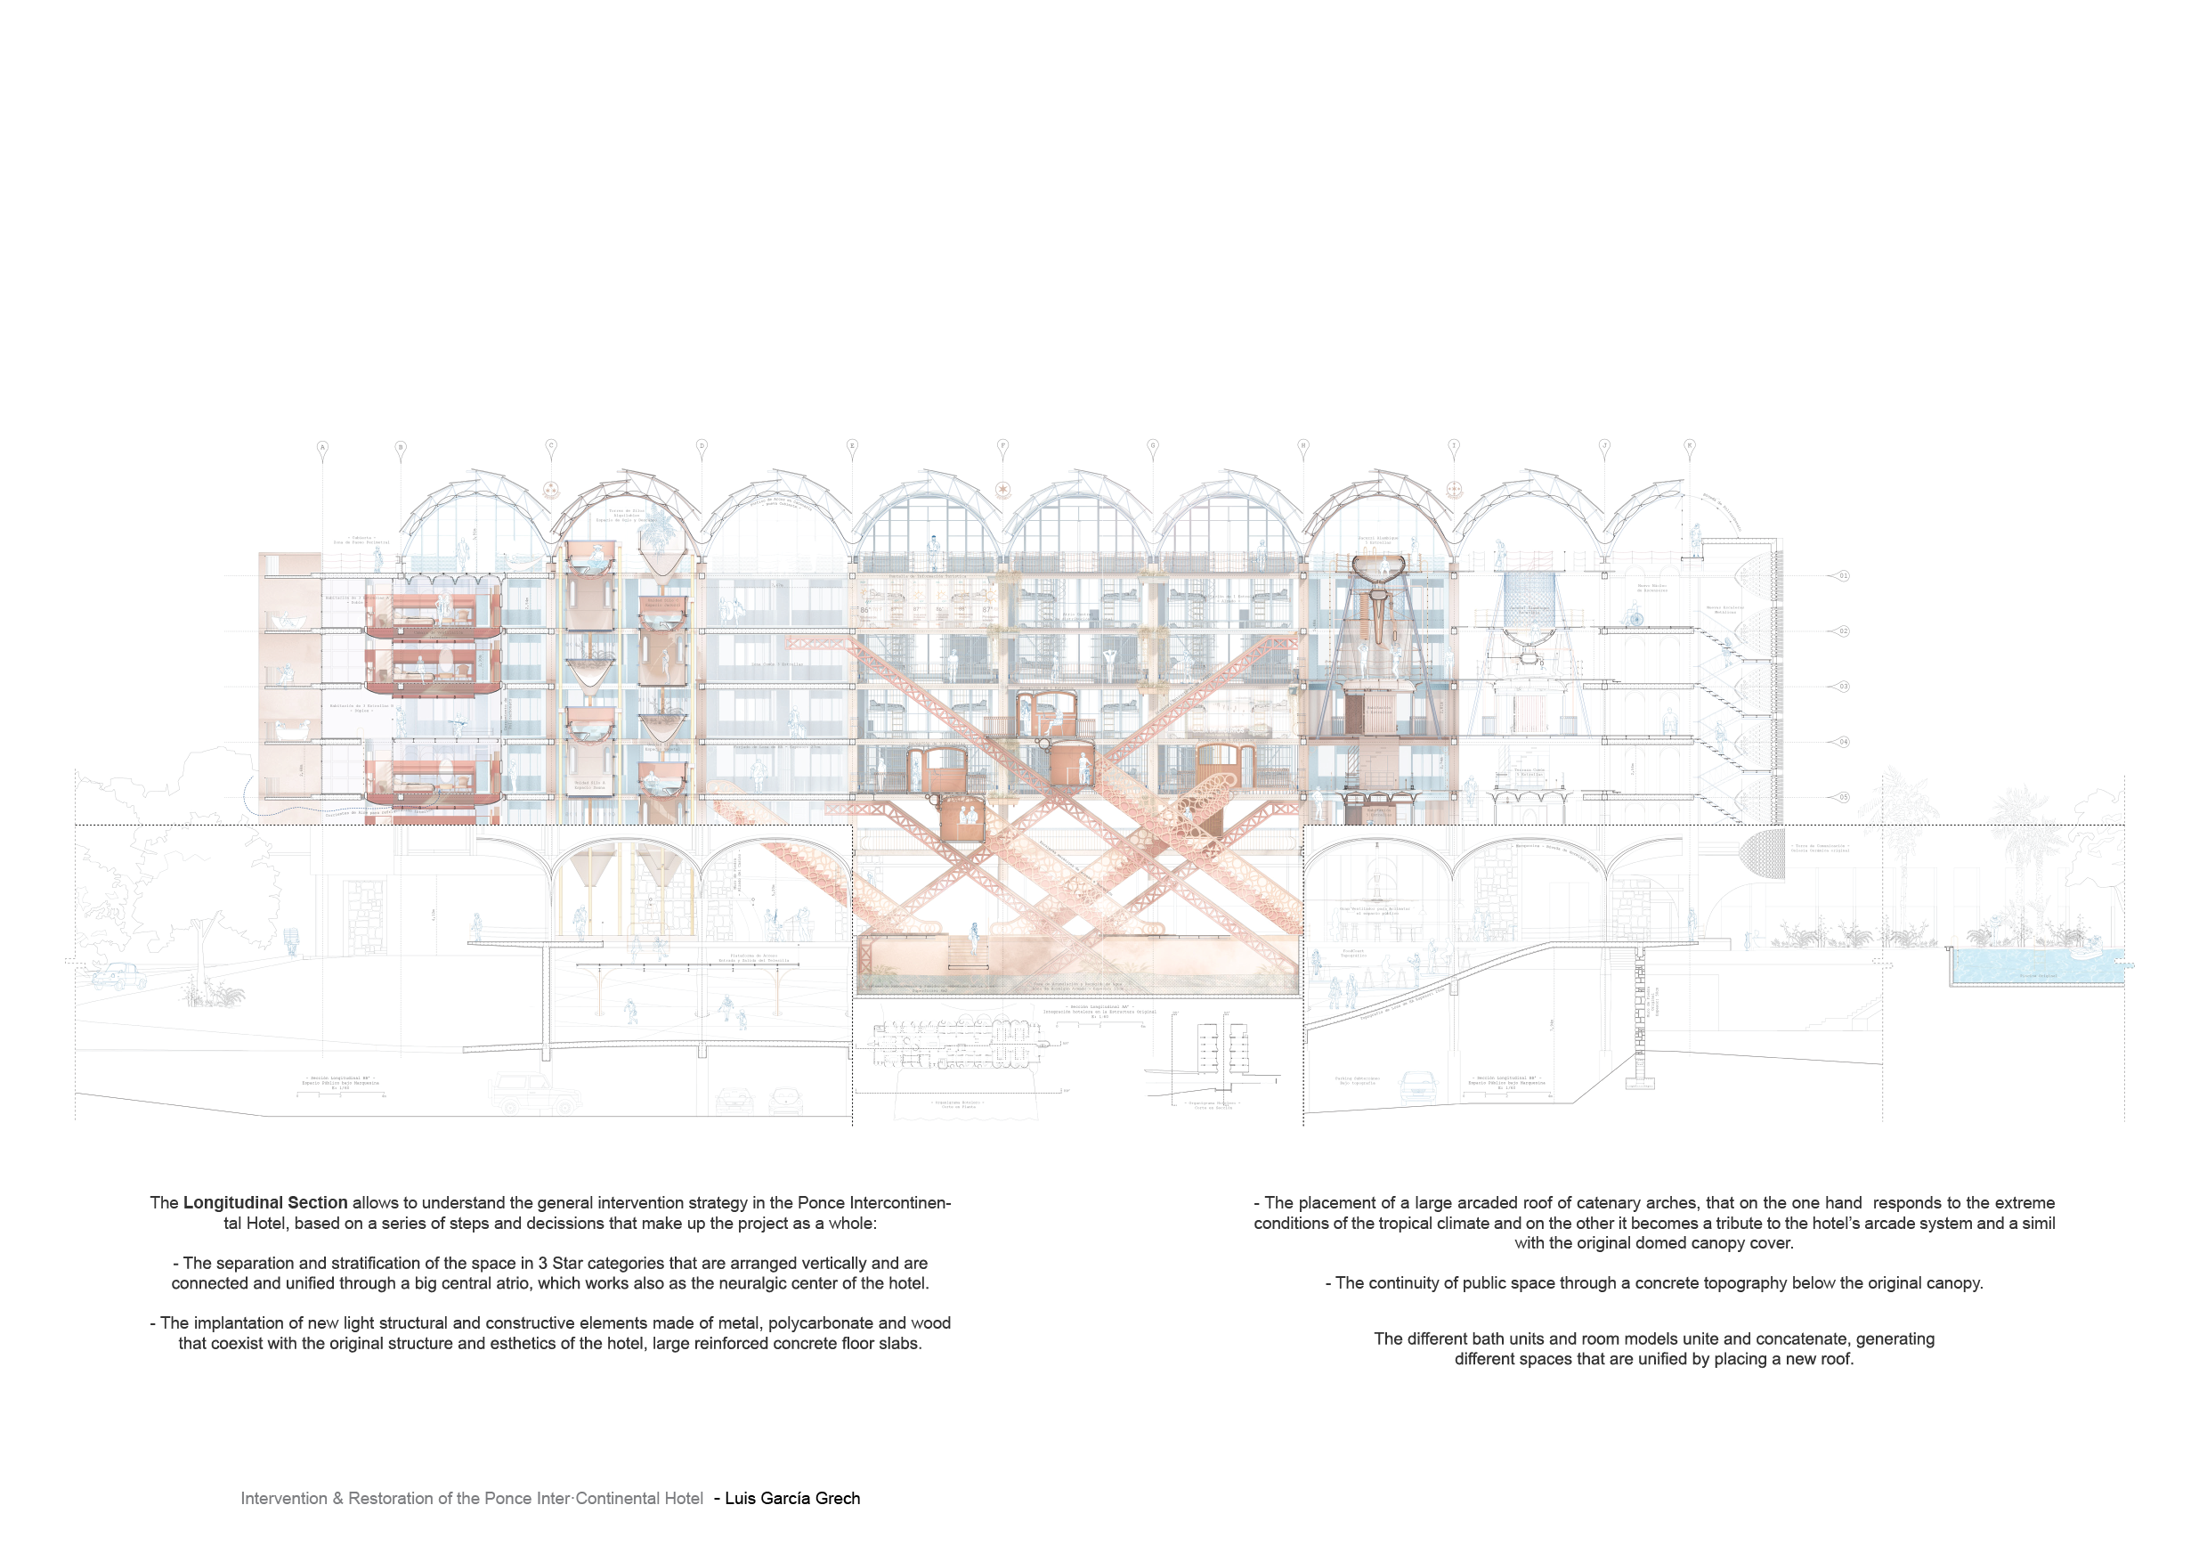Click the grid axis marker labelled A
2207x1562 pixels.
323,447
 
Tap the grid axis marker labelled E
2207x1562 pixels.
852,445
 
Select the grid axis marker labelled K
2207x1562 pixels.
1690,445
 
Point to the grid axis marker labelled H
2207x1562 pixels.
1303,445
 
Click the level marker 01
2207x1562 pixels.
1843,576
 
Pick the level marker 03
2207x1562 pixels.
1843,687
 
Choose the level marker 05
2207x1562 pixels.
1843,797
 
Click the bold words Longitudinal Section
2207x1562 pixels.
265,1202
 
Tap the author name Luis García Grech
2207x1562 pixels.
792,1499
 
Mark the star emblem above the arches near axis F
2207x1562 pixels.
1003,491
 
